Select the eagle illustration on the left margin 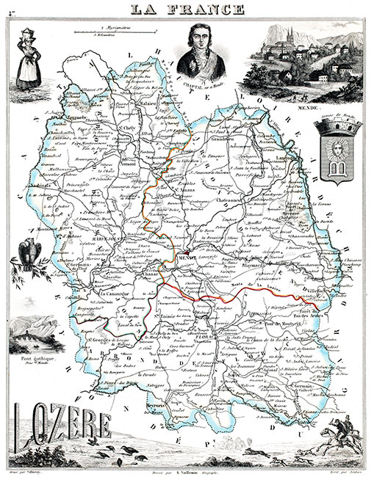31,252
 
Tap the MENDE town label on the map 187,259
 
